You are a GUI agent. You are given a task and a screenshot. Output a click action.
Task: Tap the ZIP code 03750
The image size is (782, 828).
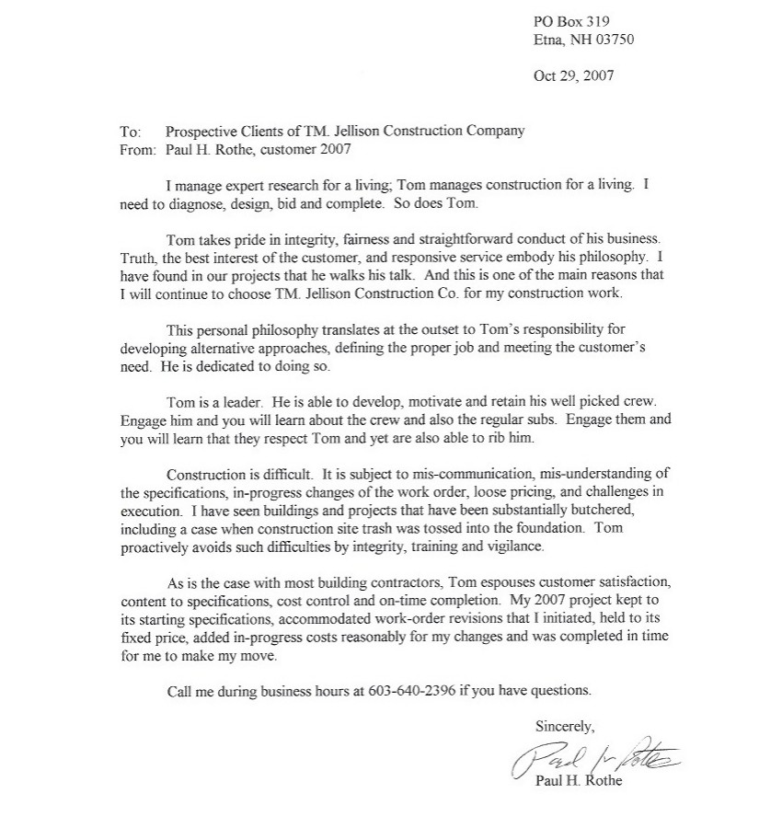611,40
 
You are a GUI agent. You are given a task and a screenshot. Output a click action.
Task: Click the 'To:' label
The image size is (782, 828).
130,131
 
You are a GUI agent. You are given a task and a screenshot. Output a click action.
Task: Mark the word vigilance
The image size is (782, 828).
514,546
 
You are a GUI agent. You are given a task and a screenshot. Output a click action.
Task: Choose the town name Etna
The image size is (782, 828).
548,40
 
